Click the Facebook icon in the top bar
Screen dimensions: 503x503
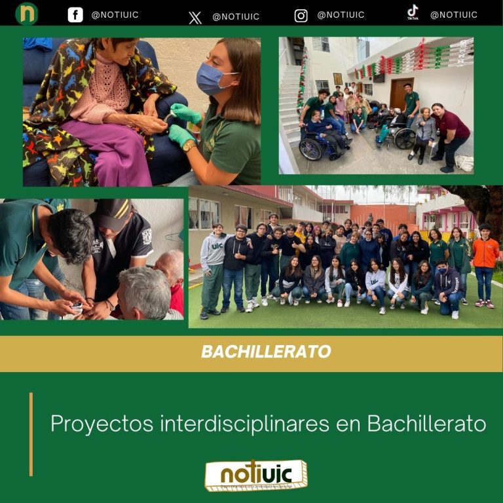click(x=75, y=15)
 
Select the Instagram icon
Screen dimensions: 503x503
click(x=301, y=16)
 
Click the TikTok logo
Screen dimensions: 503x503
click(x=413, y=12)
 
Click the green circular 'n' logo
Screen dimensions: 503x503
click(x=27, y=14)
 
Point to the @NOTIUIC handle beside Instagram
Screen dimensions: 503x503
click(x=341, y=15)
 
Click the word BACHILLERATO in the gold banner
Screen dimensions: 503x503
click(x=265, y=352)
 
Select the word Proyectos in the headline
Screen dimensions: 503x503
click(x=102, y=424)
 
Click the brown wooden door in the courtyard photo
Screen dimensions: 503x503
click(x=401, y=92)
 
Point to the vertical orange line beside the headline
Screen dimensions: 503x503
click(x=31, y=434)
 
